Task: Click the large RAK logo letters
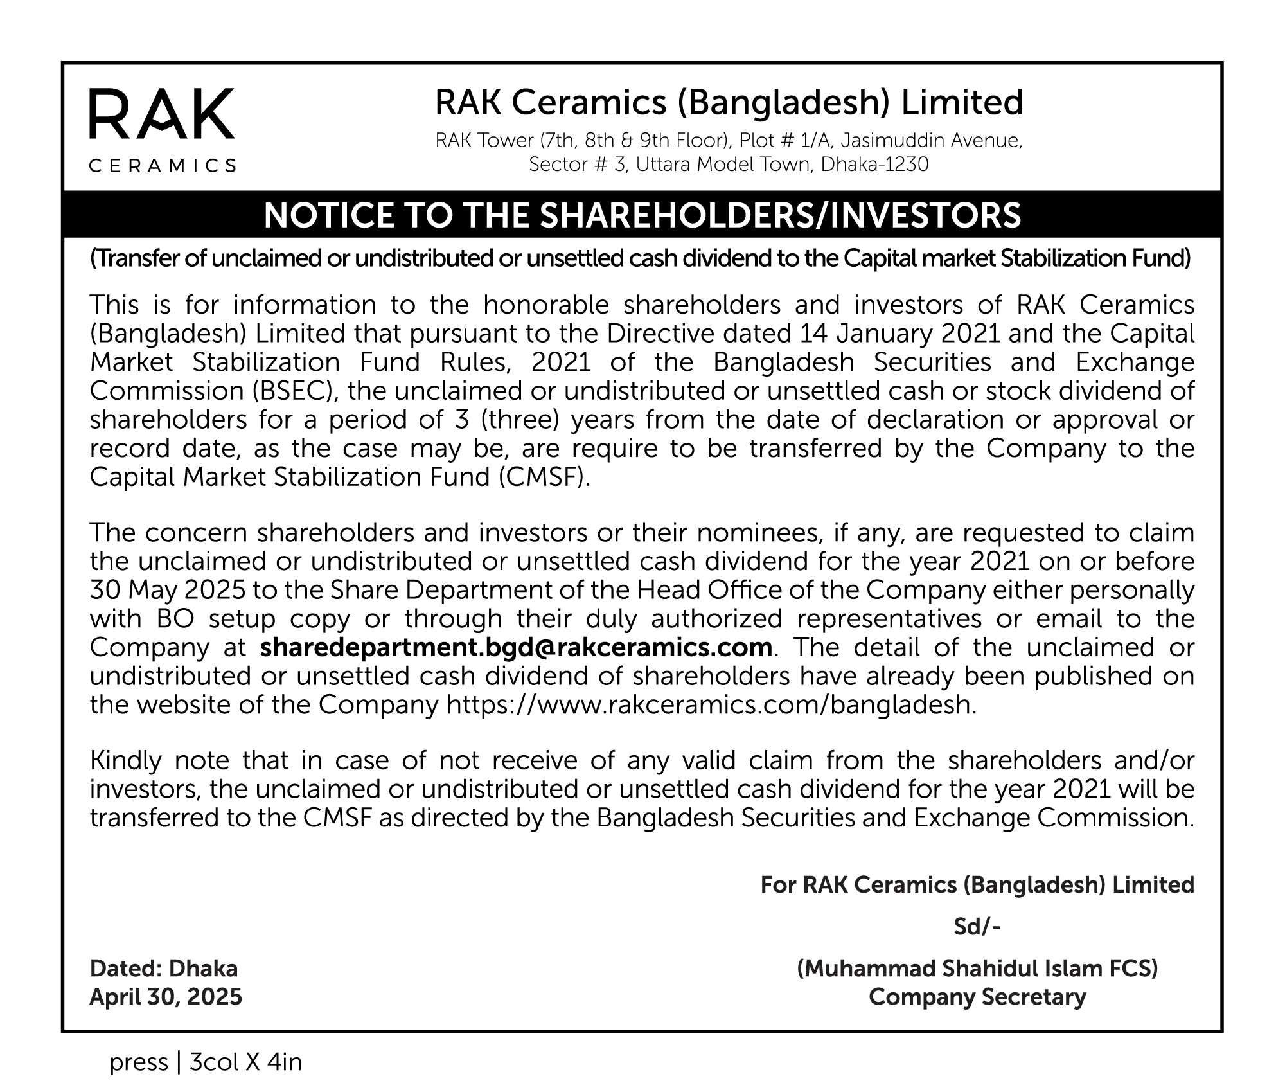coord(161,114)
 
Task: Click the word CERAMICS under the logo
coord(162,166)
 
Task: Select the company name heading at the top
coord(729,103)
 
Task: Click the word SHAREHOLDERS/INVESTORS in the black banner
coord(780,215)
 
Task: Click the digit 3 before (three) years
coord(452,420)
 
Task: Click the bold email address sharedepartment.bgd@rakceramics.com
coord(516,647)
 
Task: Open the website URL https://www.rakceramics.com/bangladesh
coord(711,705)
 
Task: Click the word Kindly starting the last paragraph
coord(126,761)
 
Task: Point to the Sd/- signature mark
coord(977,927)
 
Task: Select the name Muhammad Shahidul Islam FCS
coord(977,969)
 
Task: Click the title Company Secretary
coord(977,997)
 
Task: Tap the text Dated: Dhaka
coord(164,969)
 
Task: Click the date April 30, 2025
coord(166,997)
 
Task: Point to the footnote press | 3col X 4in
coord(206,1062)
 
